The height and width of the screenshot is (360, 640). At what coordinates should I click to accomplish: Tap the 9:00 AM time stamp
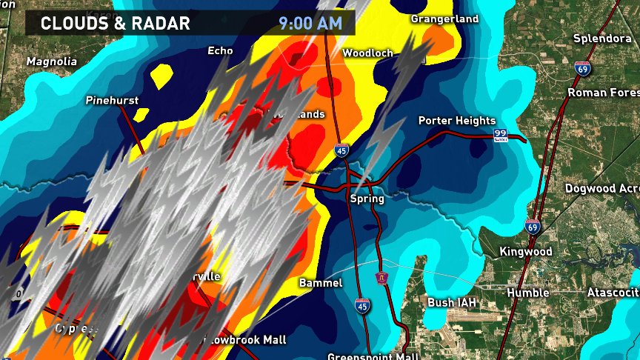pyautogui.click(x=310, y=23)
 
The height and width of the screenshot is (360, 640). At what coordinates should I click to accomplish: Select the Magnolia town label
pyautogui.click(x=52, y=61)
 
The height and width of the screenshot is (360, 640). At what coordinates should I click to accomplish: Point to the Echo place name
pyautogui.click(x=220, y=51)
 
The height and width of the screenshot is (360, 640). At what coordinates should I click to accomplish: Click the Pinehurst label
pyautogui.click(x=112, y=100)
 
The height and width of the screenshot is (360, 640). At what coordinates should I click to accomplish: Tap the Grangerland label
pyautogui.click(x=444, y=19)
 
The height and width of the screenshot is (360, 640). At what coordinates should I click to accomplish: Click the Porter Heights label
pyautogui.click(x=456, y=121)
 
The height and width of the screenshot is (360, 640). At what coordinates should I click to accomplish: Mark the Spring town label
pyautogui.click(x=367, y=199)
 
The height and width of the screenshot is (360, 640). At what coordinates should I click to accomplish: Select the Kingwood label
pyautogui.click(x=525, y=252)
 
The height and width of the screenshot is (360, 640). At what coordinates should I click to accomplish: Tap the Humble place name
pyautogui.click(x=527, y=293)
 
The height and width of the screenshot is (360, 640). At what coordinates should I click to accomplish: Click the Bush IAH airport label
pyautogui.click(x=452, y=302)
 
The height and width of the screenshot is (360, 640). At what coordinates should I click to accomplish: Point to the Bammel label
pyautogui.click(x=321, y=283)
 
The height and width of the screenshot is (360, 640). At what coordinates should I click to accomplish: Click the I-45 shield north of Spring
pyautogui.click(x=341, y=152)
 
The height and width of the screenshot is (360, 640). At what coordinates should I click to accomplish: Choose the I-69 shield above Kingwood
pyautogui.click(x=532, y=227)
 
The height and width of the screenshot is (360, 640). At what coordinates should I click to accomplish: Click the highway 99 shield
pyautogui.click(x=501, y=135)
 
